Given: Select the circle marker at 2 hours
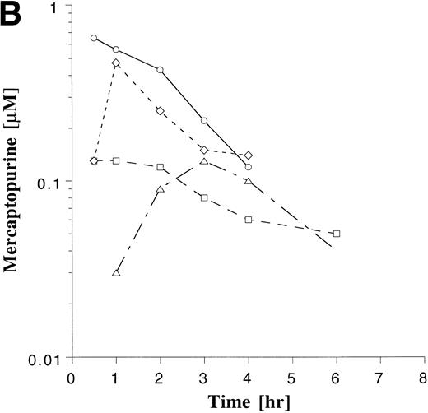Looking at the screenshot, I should [160, 70].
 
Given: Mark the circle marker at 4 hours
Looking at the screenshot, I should [248, 167].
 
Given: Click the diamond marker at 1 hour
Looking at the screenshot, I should [116, 63].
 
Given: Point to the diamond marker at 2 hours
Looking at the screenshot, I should [160, 110].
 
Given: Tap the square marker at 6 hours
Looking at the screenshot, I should [336, 234].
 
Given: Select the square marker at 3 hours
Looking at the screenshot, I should [204, 197].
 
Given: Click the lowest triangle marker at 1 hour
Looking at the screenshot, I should [116, 273].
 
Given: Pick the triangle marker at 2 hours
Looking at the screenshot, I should [160, 189].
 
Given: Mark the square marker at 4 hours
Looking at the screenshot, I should [248, 220].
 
